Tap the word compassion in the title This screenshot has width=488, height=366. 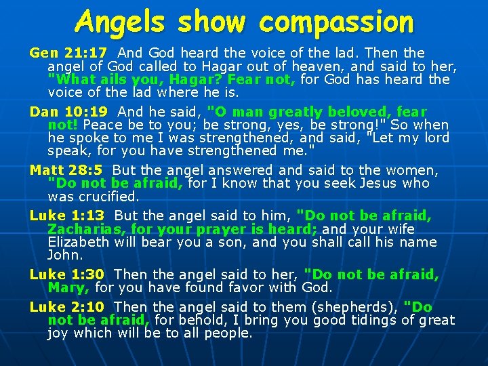[x=336, y=23]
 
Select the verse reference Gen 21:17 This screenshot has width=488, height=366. [x=68, y=53]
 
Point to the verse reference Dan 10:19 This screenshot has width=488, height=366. [x=68, y=112]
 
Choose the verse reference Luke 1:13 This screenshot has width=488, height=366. [x=68, y=216]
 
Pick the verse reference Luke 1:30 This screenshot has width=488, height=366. [x=68, y=274]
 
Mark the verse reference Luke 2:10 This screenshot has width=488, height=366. [x=68, y=307]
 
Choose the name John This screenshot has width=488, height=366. [x=64, y=256]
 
